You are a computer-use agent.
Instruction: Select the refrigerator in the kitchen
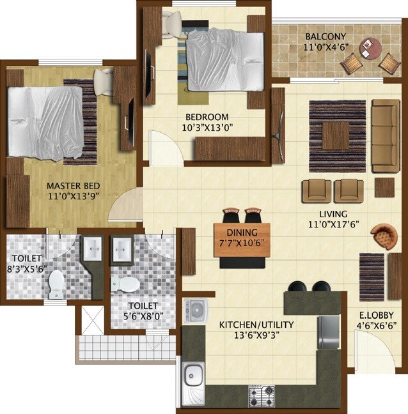[x=329, y=332]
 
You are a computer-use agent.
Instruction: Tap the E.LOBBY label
[x=375, y=314]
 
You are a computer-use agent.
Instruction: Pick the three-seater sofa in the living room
[x=385, y=135]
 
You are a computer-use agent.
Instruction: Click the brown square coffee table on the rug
[x=336, y=135]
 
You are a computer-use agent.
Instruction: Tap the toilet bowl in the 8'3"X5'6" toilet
[x=57, y=284]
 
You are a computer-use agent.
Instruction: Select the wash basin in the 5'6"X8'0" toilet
[x=122, y=247]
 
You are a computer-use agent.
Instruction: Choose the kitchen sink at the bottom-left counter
[x=192, y=383]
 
